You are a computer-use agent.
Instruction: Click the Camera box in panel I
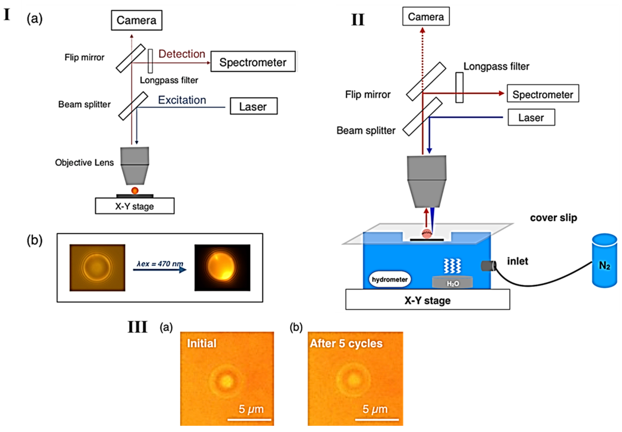tap(137, 20)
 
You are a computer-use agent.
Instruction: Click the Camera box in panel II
tap(425, 17)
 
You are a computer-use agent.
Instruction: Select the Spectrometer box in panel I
tap(253, 62)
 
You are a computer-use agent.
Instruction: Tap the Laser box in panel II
tap(531, 118)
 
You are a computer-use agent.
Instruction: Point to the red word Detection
tap(182, 54)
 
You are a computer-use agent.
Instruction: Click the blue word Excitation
tap(182, 100)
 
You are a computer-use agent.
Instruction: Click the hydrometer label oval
tap(389, 279)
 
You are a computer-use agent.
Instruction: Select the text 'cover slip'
tap(553, 218)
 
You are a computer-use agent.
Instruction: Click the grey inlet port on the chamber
tap(488, 266)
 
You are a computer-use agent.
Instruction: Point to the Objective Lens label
tap(84, 162)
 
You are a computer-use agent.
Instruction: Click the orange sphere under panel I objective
tap(135, 191)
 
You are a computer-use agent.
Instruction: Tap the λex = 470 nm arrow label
tap(160, 264)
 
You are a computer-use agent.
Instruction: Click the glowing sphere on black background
tap(221, 266)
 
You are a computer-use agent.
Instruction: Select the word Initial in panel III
tap(202, 343)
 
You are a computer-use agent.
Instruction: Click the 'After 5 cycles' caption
tap(346, 343)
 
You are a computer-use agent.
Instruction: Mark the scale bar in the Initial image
tap(249, 420)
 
